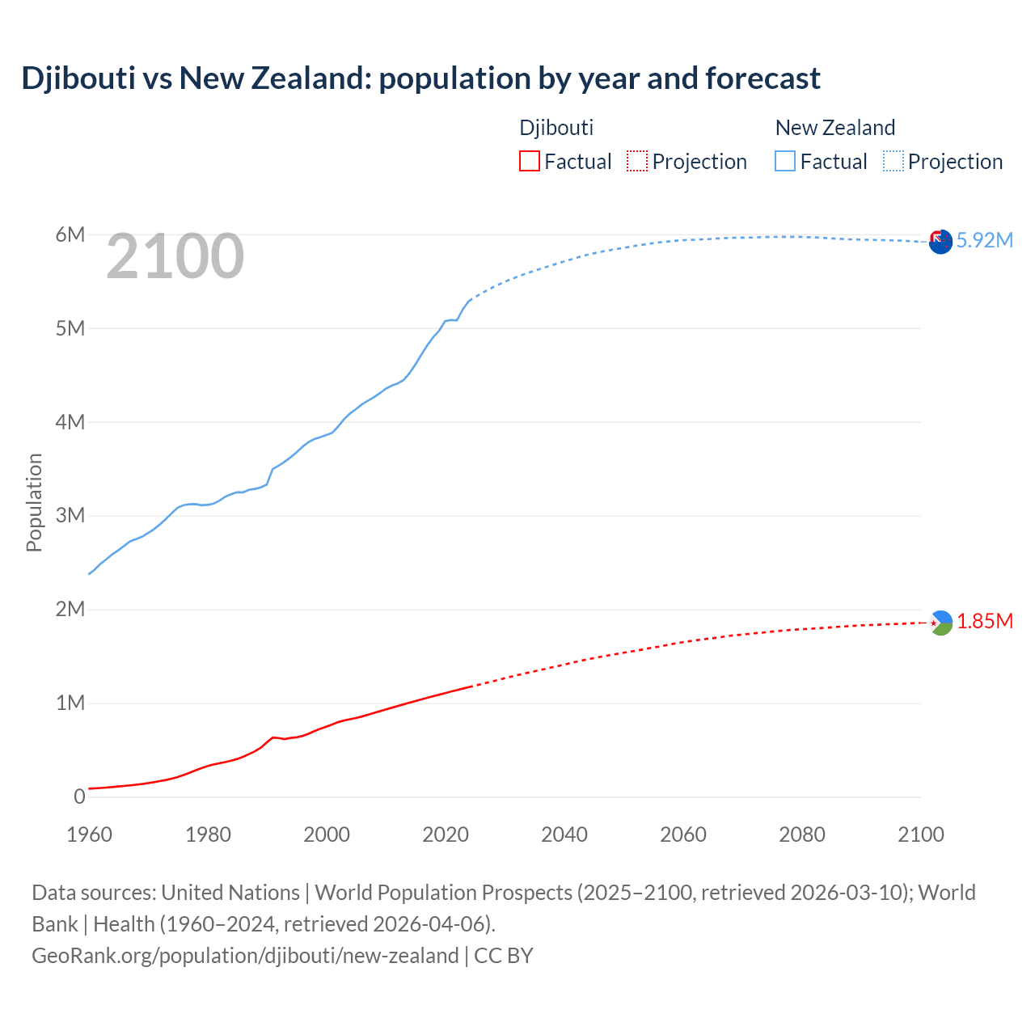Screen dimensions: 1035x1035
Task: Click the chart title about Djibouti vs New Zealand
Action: [x=420, y=78]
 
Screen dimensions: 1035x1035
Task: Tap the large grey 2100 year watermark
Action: [x=175, y=256]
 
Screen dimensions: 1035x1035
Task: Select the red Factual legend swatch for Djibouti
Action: [x=529, y=161]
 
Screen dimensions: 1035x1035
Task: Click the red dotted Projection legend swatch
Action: [x=637, y=161]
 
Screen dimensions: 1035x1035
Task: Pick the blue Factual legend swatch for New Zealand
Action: [x=784, y=161]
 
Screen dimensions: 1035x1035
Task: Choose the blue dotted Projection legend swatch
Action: [x=893, y=161]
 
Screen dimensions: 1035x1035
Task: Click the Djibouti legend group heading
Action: [x=556, y=128]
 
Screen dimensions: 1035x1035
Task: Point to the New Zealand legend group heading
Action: [x=834, y=128]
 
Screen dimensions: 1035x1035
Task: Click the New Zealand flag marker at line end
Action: [x=940, y=241]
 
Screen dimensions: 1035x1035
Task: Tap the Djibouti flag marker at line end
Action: [x=940, y=623]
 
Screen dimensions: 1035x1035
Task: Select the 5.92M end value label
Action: [x=984, y=240]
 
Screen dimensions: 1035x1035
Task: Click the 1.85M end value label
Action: [x=985, y=621]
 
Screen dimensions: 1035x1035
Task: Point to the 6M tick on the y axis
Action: [x=70, y=234]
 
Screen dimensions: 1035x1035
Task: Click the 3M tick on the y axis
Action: [x=70, y=515]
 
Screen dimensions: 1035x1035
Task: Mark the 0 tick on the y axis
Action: [x=79, y=796]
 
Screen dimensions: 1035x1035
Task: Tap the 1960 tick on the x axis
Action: [x=89, y=834]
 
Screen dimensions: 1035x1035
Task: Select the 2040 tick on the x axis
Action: [x=564, y=834]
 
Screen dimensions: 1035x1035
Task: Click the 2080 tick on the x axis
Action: [x=802, y=834]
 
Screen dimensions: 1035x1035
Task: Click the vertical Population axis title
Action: [x=34, y=502]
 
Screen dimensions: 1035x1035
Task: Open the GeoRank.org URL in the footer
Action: [x=245, y=956]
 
